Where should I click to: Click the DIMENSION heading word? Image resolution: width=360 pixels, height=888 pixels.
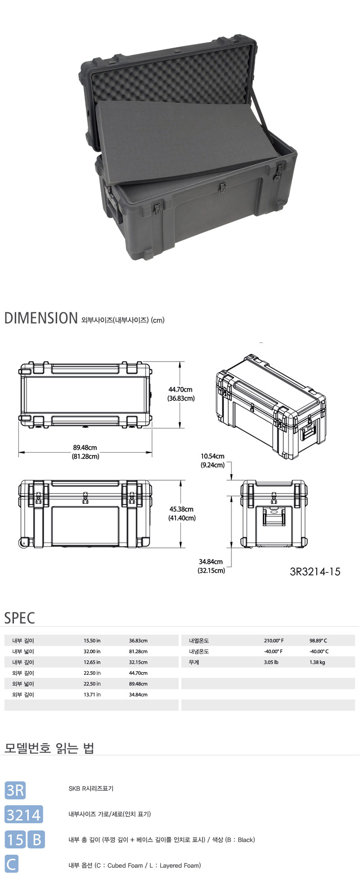pos(41,318)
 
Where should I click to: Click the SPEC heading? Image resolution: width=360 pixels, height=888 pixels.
pos(19,618)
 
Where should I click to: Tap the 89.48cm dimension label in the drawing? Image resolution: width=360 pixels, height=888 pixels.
pos(85,448)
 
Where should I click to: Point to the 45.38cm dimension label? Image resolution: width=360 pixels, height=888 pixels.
pos(181,509)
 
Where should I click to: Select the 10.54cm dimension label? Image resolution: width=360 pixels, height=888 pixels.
pos(212,456)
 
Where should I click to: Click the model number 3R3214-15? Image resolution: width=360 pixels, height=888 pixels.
pos(315,572)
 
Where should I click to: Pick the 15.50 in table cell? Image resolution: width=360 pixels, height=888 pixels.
pos(92,641)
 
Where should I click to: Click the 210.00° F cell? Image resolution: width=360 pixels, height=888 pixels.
pos(274,641)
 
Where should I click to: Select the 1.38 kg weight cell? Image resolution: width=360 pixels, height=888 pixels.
pos(317,662)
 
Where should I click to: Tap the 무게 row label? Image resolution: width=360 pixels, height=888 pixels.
pos(194,662)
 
